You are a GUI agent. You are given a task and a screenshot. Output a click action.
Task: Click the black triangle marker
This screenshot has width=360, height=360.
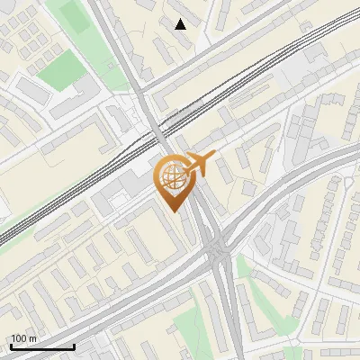(181, 24)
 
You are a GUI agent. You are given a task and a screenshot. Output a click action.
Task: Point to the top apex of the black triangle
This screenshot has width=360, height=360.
(181, 19)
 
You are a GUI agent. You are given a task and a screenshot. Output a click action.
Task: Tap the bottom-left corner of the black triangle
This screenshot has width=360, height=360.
(175, 29)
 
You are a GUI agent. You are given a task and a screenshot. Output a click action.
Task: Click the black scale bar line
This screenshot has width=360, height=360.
(41, 346)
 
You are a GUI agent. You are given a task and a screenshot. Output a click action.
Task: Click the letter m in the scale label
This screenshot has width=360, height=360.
(32, 338)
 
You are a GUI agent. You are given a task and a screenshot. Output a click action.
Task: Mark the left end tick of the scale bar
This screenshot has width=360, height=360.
(10, 345)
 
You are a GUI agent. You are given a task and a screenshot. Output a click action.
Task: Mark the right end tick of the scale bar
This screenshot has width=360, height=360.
(74, 345)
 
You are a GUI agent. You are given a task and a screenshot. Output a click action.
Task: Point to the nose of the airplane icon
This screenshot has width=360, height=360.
(215, 157)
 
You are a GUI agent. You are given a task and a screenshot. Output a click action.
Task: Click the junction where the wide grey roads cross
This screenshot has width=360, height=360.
(219, 251)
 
